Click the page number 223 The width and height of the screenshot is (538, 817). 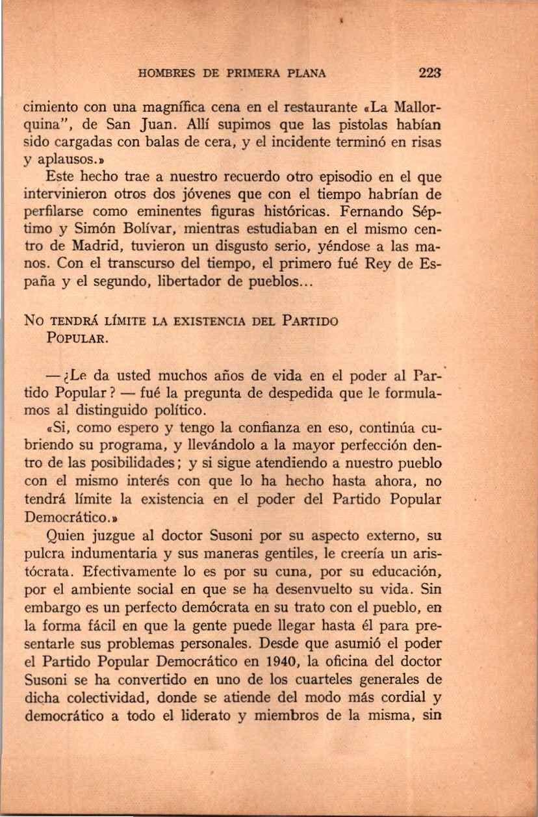pyautogui.click(x=430, y=73)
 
